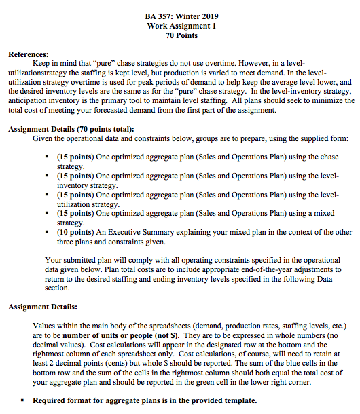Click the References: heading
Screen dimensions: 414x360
[x=28, y=53]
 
